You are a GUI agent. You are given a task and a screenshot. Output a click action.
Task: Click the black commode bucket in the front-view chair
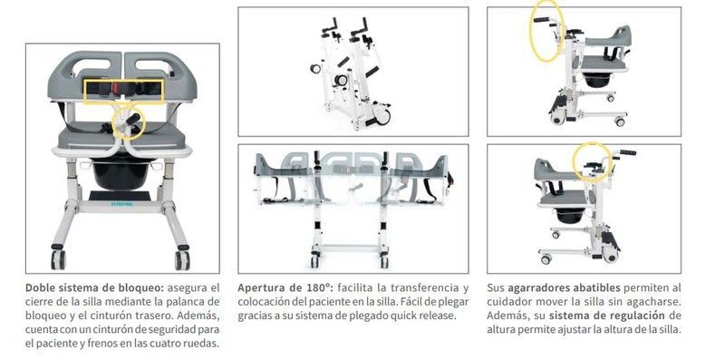tap(122, 174)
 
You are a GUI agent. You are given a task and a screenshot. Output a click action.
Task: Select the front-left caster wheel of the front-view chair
tap(58, 259)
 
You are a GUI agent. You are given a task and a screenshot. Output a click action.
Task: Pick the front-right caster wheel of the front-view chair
tap(182, 260)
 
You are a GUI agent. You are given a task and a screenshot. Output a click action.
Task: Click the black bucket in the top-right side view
tap(596, 80)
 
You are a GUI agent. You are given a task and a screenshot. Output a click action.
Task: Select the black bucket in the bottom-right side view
tap(570, 216)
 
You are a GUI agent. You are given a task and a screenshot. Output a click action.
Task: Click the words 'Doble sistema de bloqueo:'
tap(94, 287)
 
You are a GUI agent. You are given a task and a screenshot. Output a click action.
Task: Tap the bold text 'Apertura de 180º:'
tap(285, 287)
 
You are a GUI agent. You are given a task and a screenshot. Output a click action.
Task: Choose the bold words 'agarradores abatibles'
tap(564, 287)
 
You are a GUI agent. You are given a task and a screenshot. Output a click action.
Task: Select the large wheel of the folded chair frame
tap(382, 116)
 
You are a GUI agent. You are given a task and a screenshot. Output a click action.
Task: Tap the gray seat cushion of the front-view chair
tap(121, 138)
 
